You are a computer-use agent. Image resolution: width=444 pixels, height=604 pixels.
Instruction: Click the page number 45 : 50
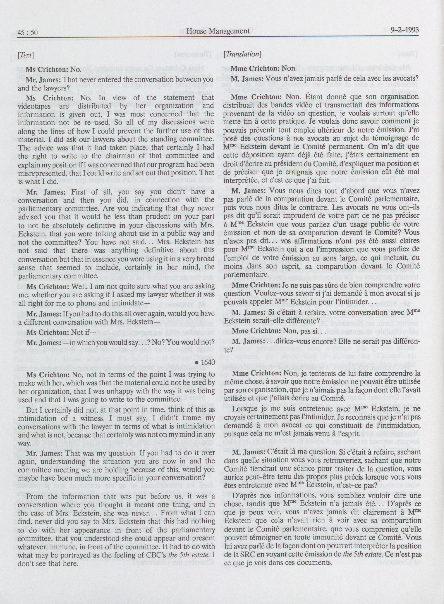(28, 33)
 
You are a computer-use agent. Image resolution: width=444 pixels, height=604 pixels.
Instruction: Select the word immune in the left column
(73, 531)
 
